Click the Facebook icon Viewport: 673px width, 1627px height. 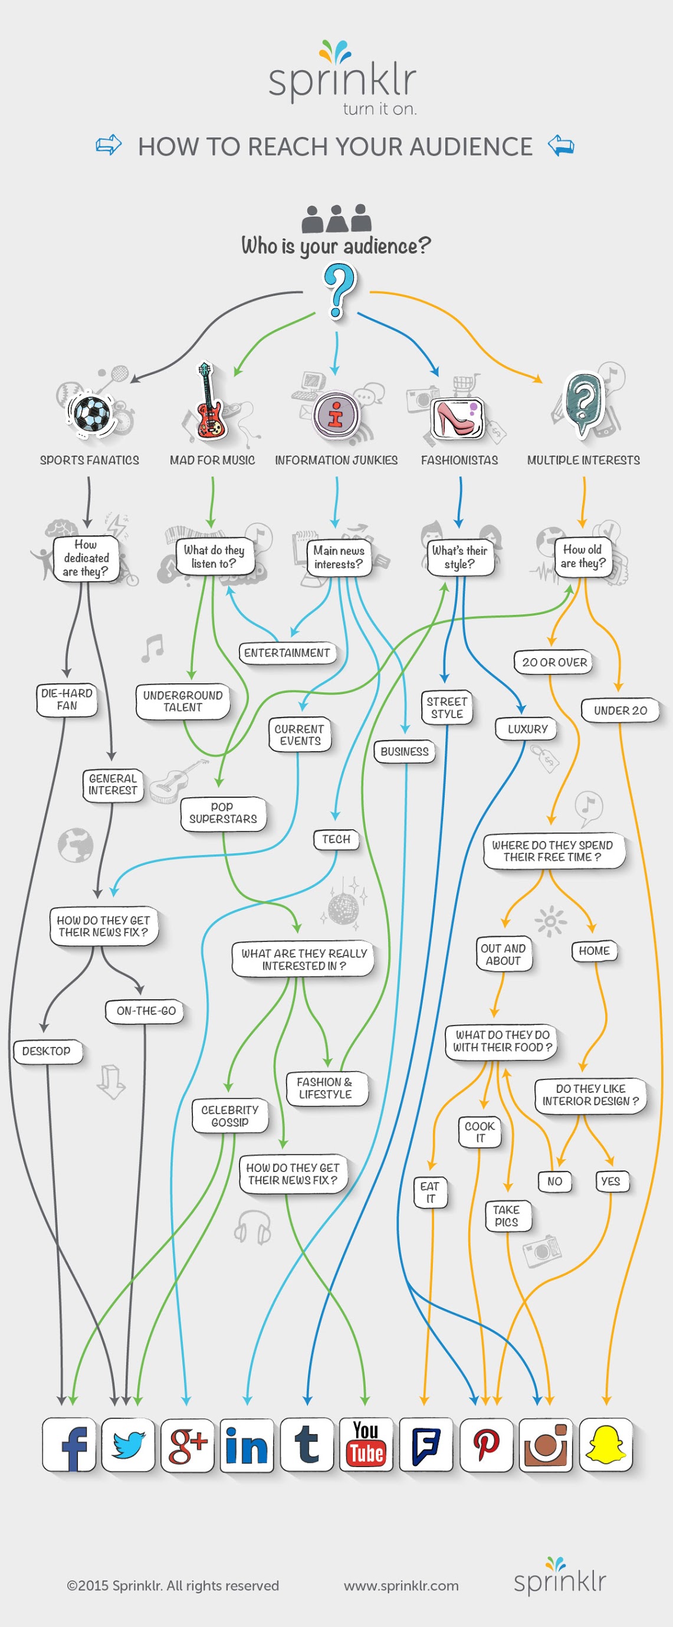(70, 1445)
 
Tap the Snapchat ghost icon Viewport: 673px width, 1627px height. (605, 1445)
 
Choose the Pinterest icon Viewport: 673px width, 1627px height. (486, 1445)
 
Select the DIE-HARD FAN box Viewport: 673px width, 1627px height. (67, 700)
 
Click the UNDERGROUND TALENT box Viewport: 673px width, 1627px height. (183, 702)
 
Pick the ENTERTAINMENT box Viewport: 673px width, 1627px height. (287, 653)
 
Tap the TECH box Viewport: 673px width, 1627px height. (336, 839)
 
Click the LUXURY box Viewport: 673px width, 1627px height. (528, 729)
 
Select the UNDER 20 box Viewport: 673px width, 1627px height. (621, 711)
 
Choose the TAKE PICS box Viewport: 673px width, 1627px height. (506, 1216)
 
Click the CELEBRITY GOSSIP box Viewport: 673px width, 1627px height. (231, 1116)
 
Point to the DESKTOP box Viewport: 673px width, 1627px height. (47, 1052)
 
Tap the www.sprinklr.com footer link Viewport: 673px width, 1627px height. (402, 1586)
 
